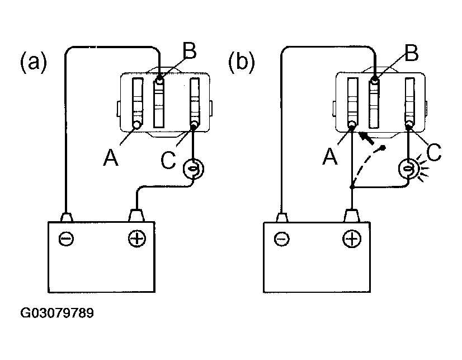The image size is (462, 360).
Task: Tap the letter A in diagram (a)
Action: coord(111,157)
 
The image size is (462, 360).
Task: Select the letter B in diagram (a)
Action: coord(190,51)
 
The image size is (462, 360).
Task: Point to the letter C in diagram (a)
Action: coord(168,160)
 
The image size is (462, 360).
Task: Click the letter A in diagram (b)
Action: coord(329,156)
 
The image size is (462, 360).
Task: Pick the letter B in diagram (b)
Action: coord(412,53)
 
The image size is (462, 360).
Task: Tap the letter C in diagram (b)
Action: coord(433,152)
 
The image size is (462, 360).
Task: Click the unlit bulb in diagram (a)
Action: coord(194,169)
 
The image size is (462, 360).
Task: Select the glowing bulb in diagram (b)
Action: coord(408,169)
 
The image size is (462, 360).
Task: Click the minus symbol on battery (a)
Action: coord(67,239)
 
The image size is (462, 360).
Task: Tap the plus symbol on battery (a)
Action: coord(137,238)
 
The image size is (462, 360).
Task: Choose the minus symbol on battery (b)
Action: coord(282,239)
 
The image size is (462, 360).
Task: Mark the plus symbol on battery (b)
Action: coord(352,239)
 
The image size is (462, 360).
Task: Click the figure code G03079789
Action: coord(57,313)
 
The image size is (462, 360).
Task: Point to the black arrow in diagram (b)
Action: coord(366,138)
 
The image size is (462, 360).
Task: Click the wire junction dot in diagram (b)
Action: coord(351,187)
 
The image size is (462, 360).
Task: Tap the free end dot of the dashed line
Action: coord(383,147)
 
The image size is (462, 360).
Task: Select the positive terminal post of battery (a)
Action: coord(136,215)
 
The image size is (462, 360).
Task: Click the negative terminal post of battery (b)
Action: coord(282,217)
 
